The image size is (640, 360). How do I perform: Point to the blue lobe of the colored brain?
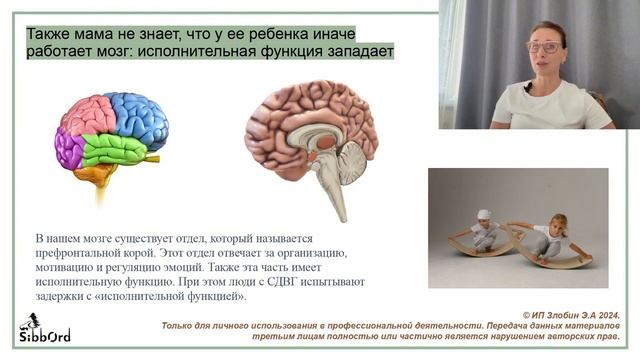pyautogui.click(x=140, y=114)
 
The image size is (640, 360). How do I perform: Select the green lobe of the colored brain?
pyautogui.click(x=114, y=150)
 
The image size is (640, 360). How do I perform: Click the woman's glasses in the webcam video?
pyautogui.click(x=543, y=46)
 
